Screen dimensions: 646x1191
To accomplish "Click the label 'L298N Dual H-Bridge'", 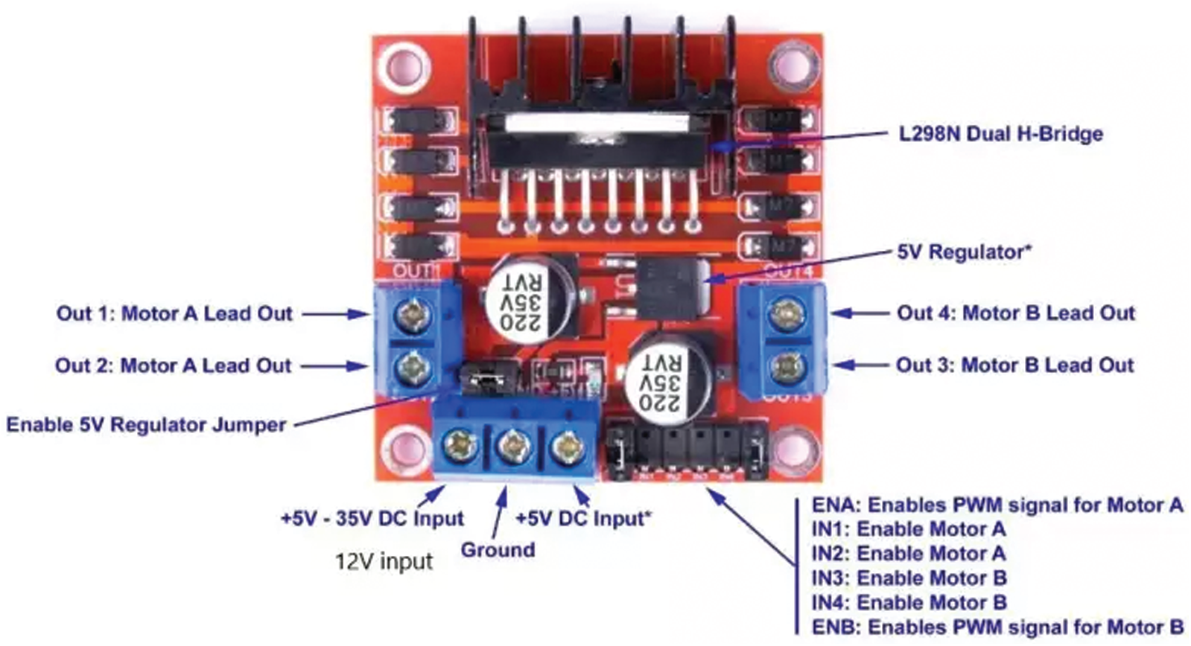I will tap(1000, 135).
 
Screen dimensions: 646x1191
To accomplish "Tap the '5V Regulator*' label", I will tap(964, 252).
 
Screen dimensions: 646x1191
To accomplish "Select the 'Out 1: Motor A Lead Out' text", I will tap(174, 313).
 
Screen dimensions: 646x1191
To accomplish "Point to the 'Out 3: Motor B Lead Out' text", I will tap(1014, 365).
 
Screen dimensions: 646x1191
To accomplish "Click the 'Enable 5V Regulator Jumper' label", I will tap(146, 425).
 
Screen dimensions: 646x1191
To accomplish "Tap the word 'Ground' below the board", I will tap(498, 550).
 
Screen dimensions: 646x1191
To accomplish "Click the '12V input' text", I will tap(384, 561).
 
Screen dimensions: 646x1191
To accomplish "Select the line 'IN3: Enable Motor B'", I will tap(909, 578).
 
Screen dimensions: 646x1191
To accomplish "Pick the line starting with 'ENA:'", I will tap(997, 505).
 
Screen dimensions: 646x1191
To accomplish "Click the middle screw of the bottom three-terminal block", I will tap(513, 447).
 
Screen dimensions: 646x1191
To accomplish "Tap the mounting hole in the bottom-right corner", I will tap(792, 450).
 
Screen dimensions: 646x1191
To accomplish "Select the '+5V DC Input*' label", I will tap(582, 519).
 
